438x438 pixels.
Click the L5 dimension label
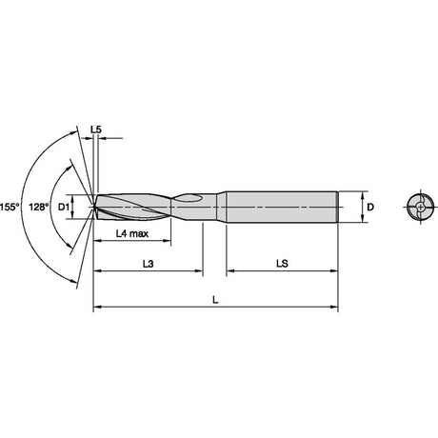(96, 129)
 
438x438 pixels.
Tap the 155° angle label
(10, 208)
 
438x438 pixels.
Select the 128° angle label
(39, 208)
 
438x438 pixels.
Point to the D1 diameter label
(64, 208)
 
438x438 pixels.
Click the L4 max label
(132, 234)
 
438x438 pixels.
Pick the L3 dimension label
(149, 264)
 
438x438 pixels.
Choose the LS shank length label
(282, 264)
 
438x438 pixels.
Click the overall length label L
(215, 300)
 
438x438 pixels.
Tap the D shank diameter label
(370, 208)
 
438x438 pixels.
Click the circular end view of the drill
(420, 208)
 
